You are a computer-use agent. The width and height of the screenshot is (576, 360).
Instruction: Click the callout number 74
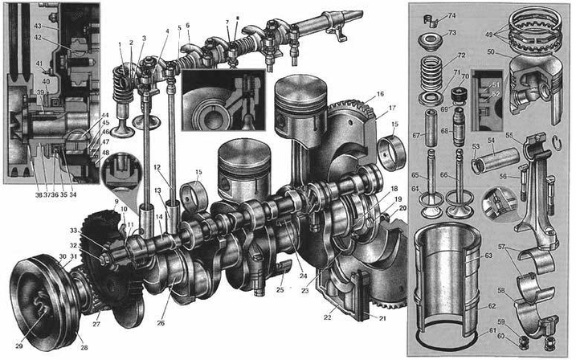tap(474, 15)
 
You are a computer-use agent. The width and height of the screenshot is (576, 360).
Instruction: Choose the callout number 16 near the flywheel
tap(379, 95)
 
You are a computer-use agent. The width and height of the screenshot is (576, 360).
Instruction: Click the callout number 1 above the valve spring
tap(121, 43)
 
